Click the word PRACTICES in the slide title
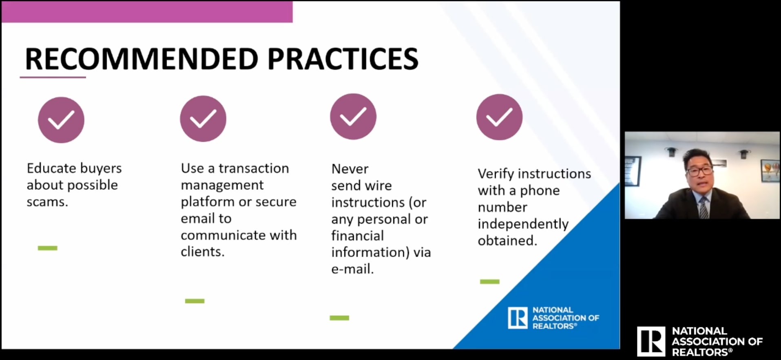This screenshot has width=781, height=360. [x=343, y=59]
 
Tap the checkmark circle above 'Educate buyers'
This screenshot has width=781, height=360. [x=61, y=120]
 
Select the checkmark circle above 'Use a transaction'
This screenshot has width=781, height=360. [x=203, y=119]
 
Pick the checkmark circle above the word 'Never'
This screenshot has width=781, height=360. [x=353, y=117]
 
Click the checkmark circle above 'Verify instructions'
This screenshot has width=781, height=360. [x=499, y=117]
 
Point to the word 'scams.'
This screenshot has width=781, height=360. [x=47, y=202]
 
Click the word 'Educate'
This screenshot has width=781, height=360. [x=51, y=168]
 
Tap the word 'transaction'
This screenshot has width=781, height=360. [x=254, y=168]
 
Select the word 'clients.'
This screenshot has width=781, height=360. [x=203, y=252]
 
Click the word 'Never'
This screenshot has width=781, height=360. [x=350, y=169]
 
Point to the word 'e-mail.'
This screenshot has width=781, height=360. [x=352, y=269]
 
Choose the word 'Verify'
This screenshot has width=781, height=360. [x=496, y=174]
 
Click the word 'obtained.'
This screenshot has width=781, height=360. [x=507, y=241]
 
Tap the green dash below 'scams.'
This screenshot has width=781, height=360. [x=48, y=248]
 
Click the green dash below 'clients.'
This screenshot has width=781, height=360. [x=195, y=301]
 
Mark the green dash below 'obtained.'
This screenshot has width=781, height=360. [x=490, y=281]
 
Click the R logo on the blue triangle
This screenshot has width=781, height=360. [x=518, y=318]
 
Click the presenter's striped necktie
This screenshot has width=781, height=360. [x=704, y=207]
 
